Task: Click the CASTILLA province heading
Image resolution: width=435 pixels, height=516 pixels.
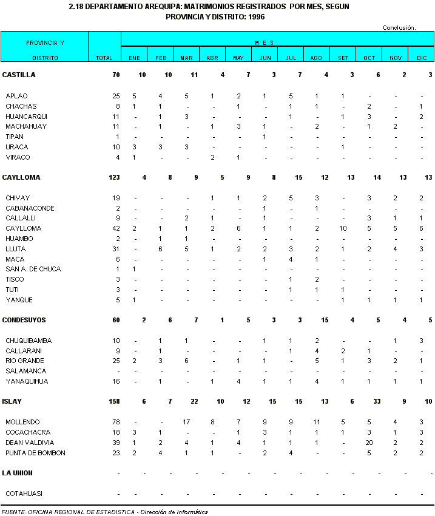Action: pos(19,75)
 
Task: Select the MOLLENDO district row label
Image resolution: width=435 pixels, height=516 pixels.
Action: pos(23,422)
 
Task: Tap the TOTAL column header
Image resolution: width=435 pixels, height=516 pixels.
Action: pos(104,58)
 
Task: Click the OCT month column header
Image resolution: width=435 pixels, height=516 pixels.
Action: pos(369,58)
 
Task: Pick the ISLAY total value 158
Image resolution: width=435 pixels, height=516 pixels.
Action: pos(113,401)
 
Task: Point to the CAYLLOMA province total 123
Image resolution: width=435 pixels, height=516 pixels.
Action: pos(113,177)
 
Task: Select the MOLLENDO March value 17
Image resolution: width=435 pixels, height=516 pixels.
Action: pos(186,422)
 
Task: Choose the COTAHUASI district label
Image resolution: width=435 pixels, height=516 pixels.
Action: pos(24,494)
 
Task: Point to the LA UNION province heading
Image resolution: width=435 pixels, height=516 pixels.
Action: pos(18,473)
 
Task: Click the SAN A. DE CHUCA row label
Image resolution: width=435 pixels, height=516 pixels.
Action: pos(29,269)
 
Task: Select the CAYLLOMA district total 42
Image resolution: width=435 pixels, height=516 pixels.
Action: pos(116,228)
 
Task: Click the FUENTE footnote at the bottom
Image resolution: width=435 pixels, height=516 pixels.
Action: pos(104,512)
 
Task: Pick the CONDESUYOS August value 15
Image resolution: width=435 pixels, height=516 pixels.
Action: pos(325,320)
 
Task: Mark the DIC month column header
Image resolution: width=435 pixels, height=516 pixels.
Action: pos(422,58)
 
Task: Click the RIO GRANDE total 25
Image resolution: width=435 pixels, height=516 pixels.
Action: pos(116,361)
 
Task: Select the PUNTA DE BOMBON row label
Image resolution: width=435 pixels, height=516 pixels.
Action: pos(35,453)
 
